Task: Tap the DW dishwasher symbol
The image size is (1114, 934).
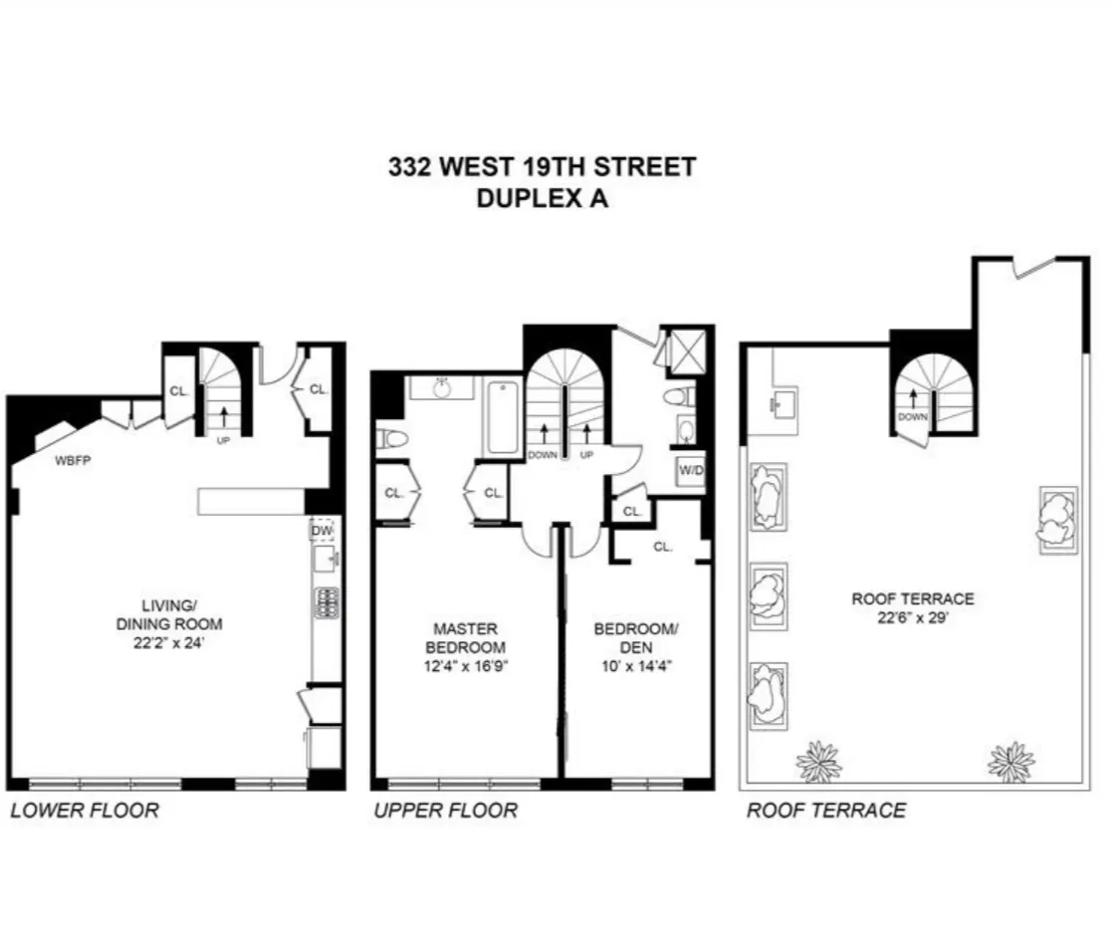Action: [x=322, y=531]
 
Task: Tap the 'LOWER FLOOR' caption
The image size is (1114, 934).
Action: [x=85, y=811]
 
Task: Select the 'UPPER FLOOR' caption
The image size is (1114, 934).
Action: [x=446, y=811]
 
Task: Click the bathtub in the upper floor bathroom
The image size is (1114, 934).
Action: [x=502, y=417]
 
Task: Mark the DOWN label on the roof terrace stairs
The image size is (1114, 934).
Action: [x=912, y=418]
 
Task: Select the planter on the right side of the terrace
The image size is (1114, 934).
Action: [x=1057, y=519]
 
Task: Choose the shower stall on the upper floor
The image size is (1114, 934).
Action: [x=685, y=350]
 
